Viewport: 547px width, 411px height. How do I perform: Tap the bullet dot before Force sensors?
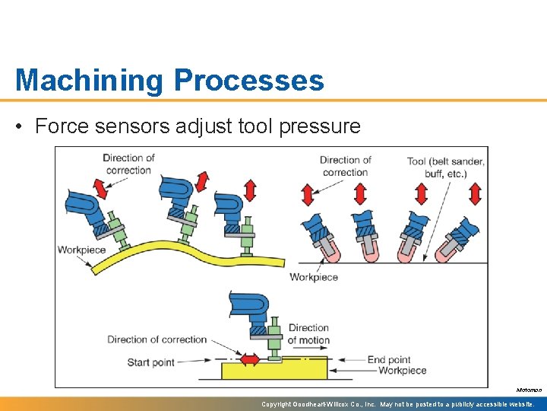[21, 126]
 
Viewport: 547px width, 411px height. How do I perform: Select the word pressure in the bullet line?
[320, 126]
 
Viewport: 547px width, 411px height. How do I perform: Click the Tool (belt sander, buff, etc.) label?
[445, 166]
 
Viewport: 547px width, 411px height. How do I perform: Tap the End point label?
[389, 359]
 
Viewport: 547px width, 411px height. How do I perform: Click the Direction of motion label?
[308, 334]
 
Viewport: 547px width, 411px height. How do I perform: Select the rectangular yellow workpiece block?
[273, 371]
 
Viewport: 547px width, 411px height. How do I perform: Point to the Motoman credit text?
[529, 390]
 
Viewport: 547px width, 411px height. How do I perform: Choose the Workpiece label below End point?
[403, 371]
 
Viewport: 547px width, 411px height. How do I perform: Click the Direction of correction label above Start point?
[157, 339]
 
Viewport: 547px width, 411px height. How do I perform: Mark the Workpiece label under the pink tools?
[314, 277]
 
